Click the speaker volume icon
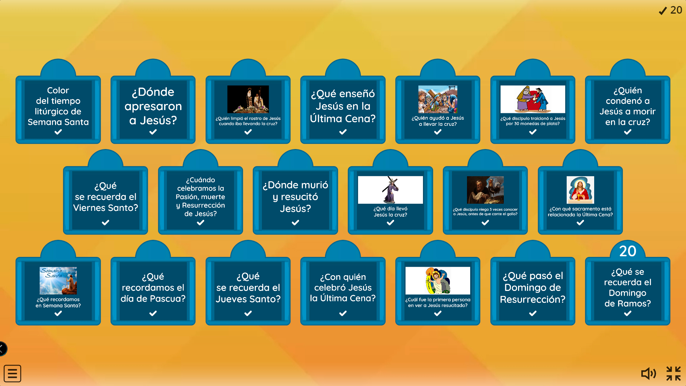tap(648, 373)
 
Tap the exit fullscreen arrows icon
tap(673, 373)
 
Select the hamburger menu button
tap(13, 373)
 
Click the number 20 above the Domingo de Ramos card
tap(628, 251)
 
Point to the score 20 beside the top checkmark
tap(676, 10)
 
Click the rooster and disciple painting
tap(485, 190)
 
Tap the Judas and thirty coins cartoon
tap(533, 99)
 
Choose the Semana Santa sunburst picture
tap(58, 281)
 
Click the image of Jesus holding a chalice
tap(580, 190)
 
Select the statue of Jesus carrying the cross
tap(391, 190)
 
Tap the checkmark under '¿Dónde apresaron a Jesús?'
tap(153, 132)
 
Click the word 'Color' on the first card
tap(58, 90)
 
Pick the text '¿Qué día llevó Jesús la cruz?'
tap(391, 212)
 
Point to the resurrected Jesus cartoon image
tap(438, 281)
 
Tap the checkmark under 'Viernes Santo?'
tap(105, 223)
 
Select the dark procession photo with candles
tap(248, 99)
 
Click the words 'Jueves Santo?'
tap(248, 299)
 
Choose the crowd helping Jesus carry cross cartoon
tap(438, 99)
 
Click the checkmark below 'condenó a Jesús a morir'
tap(628, 132)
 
